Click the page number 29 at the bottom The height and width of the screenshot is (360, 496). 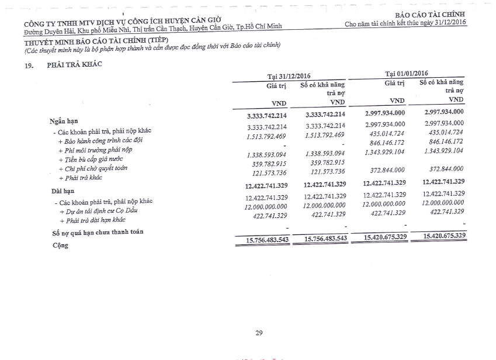[x=259, y=333]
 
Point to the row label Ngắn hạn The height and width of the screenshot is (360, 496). [x=64, y=122]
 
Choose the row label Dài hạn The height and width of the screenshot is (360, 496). [x=63, y=191]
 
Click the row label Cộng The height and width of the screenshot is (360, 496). [x=60, y=245]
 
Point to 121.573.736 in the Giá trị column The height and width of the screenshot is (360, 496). [x=267, y=172]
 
